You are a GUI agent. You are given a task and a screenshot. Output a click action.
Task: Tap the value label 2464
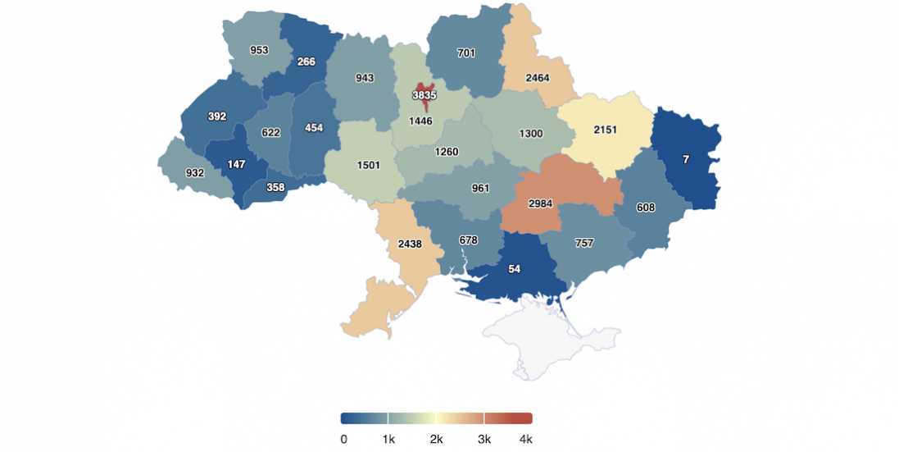(x=538, y=78)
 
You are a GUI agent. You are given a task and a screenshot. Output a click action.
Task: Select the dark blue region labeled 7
(x=687, y=159)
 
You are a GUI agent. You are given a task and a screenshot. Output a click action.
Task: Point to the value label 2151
(x=605, y=130)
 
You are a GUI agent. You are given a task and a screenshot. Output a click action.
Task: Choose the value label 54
(x=515, y=269)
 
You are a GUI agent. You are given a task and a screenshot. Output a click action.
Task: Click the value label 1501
(x=369, y=165)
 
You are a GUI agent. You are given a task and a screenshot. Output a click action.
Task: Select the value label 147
(x=236, y=164)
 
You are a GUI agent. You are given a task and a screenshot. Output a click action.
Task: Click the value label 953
(x=259, y=50)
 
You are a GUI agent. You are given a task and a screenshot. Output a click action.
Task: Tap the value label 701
(x=466, y=53)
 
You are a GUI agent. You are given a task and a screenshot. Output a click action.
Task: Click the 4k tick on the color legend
(x=525, y=439)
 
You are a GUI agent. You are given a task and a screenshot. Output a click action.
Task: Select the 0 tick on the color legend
(x=343, y=439)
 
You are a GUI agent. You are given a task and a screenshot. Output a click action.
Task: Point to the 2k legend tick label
(x=436, y=439)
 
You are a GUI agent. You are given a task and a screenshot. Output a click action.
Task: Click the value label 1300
(x=530, y=133)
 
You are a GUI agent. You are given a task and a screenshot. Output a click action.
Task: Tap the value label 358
(x=275, y=187)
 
